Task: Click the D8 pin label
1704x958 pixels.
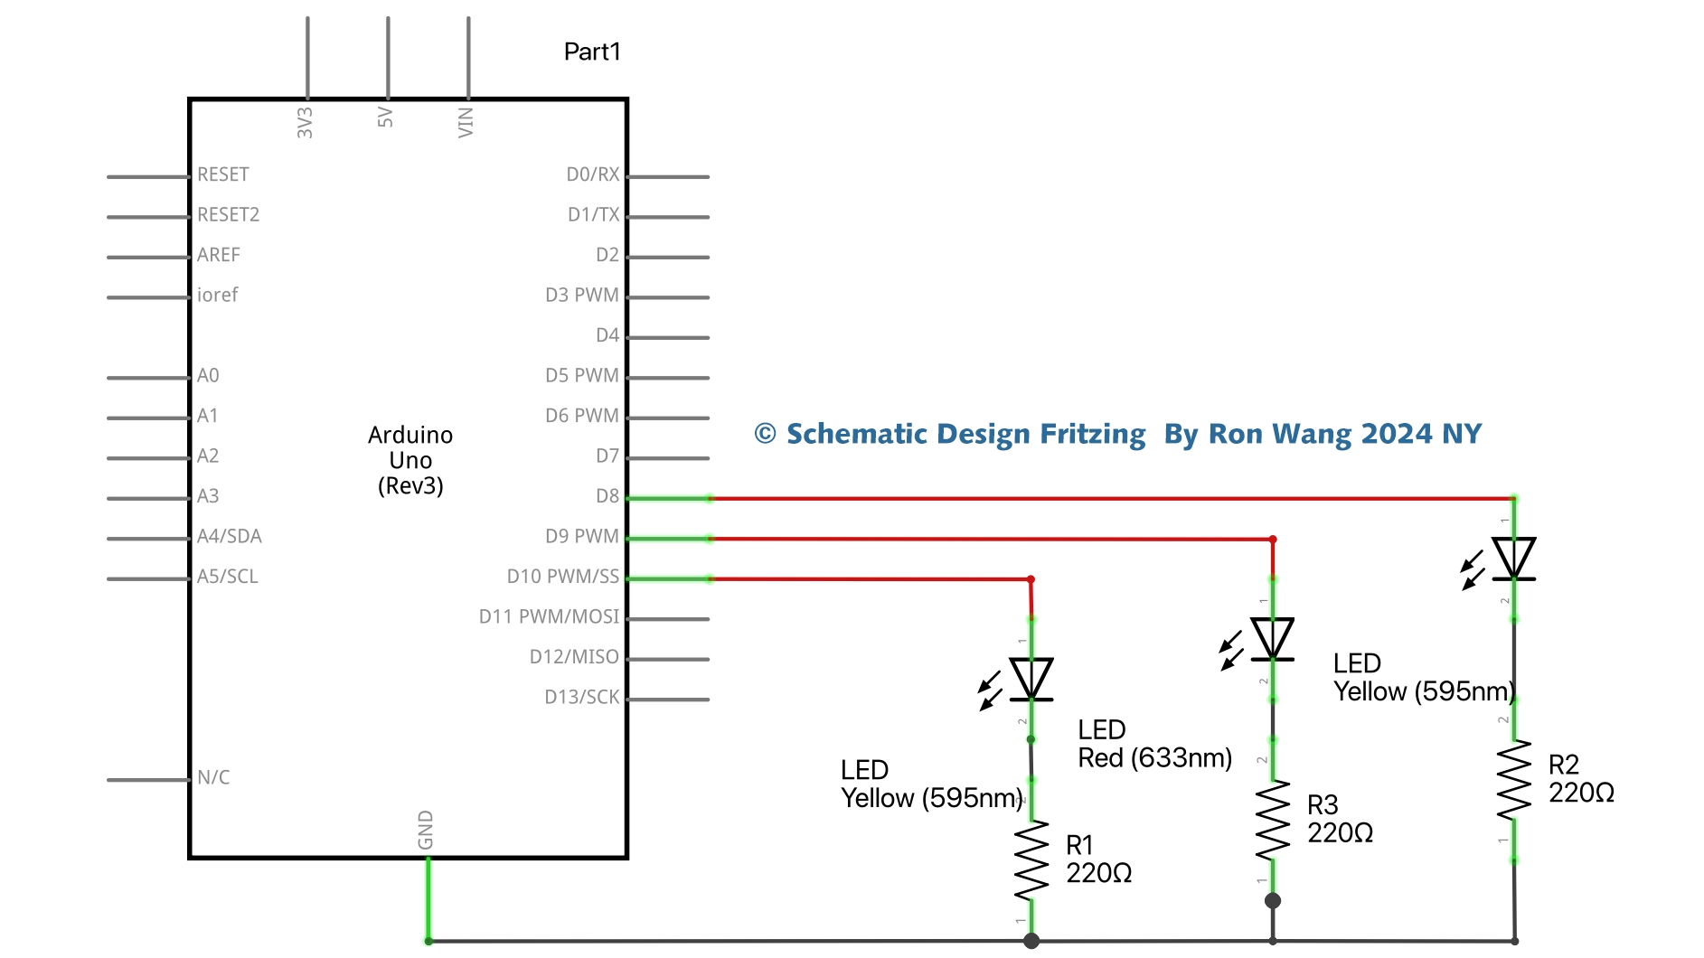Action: (x=607, y=496)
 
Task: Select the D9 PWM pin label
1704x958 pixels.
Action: (x=581, y=536)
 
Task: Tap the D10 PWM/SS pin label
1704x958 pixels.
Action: (x=562, y=577)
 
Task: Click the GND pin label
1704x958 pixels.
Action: (x=426, y=830)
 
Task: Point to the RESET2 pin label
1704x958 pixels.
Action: (x=228, y=214)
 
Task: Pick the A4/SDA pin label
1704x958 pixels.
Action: (x=229, y=536)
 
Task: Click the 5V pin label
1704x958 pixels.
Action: (x=385, y=117)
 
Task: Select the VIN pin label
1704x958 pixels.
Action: (x=466, y=122)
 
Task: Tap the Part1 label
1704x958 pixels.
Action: (x=592, y=52)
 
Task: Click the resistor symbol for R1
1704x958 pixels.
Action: (x=1031, y=860)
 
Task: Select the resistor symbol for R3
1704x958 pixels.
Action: (x=1273, y=821)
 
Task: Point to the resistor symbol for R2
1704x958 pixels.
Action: (x=1514, y=780)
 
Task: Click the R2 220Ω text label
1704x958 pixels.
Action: (x=1580, y=779)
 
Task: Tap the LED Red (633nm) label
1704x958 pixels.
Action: (x=1154, y=744)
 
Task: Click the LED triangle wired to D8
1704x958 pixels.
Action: (x=1514, y=558)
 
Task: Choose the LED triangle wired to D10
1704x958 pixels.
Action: (x=1031, y=679)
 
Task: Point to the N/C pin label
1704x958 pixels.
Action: (x=213, y=777)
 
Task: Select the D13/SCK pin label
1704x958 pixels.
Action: (x=581, y=697)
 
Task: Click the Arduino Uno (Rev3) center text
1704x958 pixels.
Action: (x=410, y=460)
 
